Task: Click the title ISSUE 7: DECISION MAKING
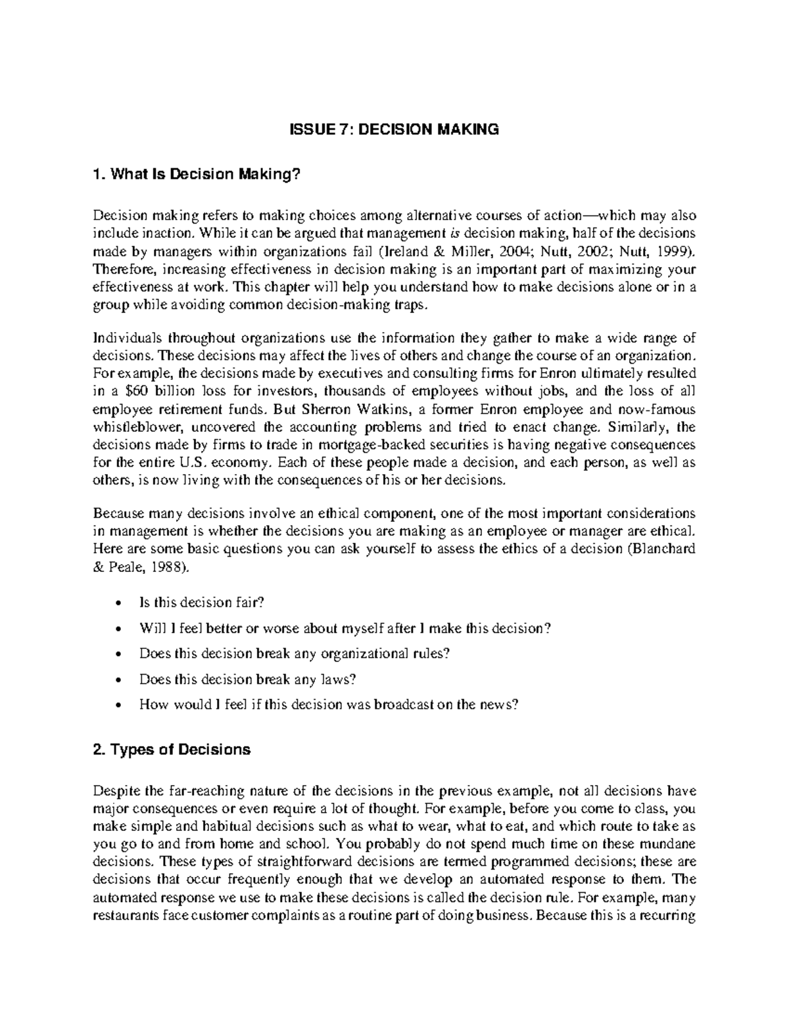click(394, 130)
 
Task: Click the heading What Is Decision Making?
click(197, 175)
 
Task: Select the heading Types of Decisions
click(172, 749)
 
